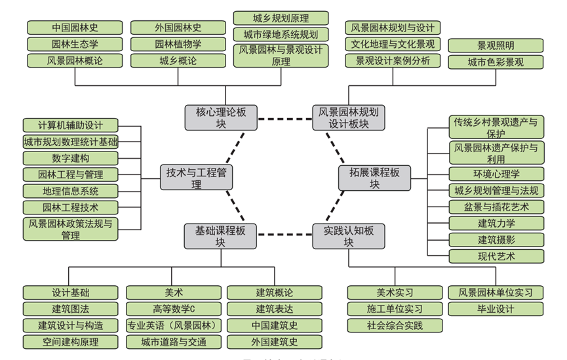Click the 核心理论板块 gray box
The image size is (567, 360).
tap(221, 117)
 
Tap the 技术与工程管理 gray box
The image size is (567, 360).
tap(197, 177)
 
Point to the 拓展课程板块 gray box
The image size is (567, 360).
tap(374, 177)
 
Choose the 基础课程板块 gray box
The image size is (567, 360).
tap(221, 236)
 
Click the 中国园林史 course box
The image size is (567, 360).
tap(75, 28)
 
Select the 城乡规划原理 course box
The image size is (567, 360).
tap(281, 18)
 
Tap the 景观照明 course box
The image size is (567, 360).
tap(496, 46)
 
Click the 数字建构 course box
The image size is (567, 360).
tap(71, 158)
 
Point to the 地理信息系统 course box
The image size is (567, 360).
tap(71, 191)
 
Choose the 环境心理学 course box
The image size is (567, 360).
tap(496, 174)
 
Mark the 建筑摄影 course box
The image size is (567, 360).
tap(496, 239)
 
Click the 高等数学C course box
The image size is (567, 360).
tap(174, 308)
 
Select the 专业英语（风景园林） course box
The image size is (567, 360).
tap(174, 325)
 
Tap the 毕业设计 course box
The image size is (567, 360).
tap(496, 308)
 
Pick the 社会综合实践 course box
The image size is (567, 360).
tap(395, 325)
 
